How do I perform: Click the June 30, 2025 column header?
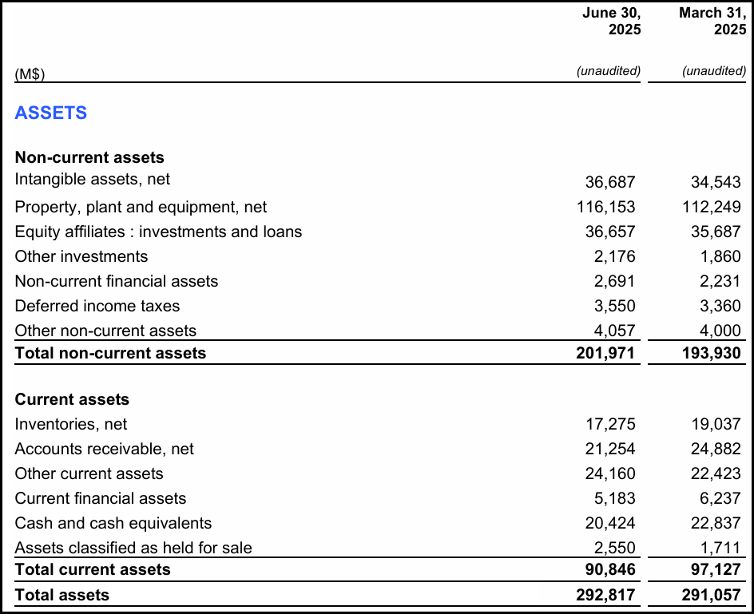pyautogui.click(x=611, y=22)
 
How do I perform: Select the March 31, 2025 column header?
pyautogui.click(x=712, y=22)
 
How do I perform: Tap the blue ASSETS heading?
pyautogui.click(x=51, y=113)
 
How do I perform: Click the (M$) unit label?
pyautogui.click(x=30, y=74)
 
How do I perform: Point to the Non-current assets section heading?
pyautogui.click(x=89, y=157)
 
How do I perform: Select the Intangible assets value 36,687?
pyautogui.click(x=610, y=183)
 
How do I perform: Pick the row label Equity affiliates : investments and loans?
pyautogui.click(x=158, y=232)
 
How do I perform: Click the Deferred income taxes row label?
pyautogui.click(x=97, y=306)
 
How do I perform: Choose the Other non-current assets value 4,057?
pyautogui.click(x=614, y=331)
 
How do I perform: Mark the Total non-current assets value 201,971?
pyautogui.click(x=606, y=353)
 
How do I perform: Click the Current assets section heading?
pyautogui.click(x=72, y=399)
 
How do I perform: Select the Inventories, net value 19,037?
pyautogui.click(x=716, y=425)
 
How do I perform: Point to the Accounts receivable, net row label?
pyautogui.click(x=104, y=449)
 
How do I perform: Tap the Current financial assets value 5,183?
pyautogui.click(x=614, y=499)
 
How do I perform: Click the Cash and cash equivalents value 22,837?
pyautogui.click(x=716, y=524)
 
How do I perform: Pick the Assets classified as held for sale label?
pyautogui.click(x=133, y=548)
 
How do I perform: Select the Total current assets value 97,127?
pyautogui.click(x=716, y=570)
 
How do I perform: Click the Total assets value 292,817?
pyautogui.click(x=606, y=595)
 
